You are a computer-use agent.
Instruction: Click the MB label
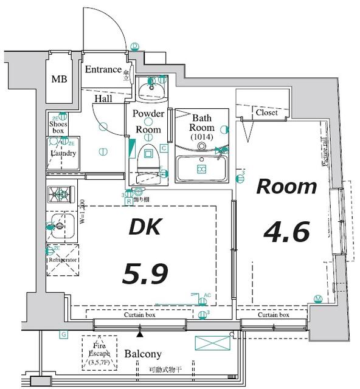(x=59, y=80)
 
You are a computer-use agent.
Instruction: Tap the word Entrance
(x=102, y=69)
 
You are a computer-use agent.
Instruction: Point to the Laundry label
(x=63, y=153)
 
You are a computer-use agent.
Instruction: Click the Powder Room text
(x=148, y=122)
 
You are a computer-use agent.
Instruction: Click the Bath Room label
(x=201, y=128)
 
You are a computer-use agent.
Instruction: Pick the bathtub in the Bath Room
(x=201, y=168)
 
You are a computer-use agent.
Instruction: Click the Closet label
(x=266, y=112)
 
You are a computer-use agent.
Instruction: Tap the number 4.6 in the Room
(x=286, y=232)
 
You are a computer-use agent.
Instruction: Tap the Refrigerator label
(x=63, y=260)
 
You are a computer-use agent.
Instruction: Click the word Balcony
(x=143, y=354)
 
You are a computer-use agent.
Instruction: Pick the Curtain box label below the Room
(x=272, y=315)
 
